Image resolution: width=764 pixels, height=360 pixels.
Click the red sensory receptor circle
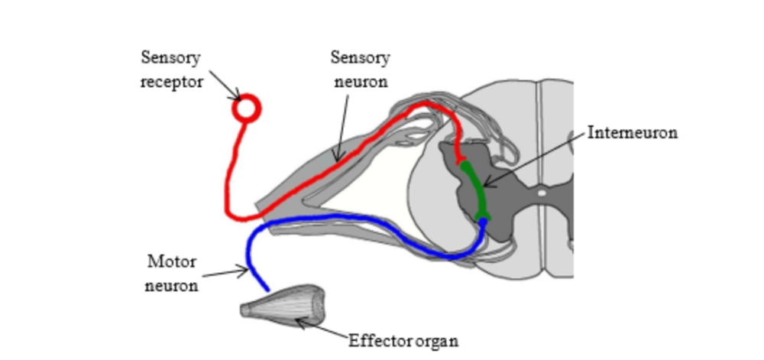coord(246,109)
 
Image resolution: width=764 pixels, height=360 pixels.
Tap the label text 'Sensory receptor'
coord(172,70)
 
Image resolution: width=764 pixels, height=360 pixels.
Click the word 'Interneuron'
coord(633,132)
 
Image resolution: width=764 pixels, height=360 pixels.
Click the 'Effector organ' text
coord(403,341)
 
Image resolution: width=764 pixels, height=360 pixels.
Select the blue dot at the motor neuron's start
coord(483,222)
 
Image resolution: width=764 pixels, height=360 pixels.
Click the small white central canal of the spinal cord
coord(542,193)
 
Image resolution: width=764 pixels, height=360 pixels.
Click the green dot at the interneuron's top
coord(465,165)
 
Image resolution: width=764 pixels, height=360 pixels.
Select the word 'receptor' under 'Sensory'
coord(172,81)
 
